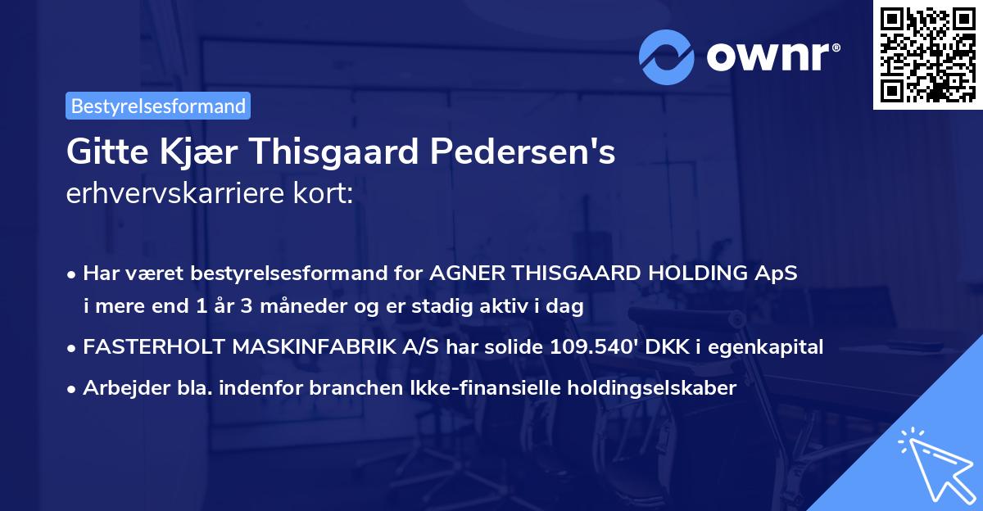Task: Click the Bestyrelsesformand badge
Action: click(x=158, y=106)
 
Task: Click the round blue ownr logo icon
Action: click(x=667, y=57)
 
